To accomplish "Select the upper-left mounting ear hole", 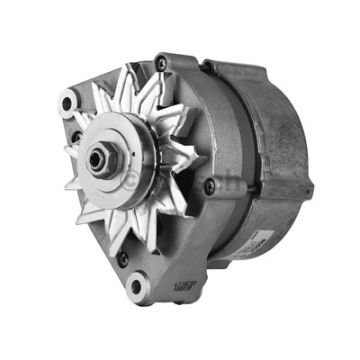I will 68,101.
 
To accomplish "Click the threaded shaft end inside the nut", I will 99,158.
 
